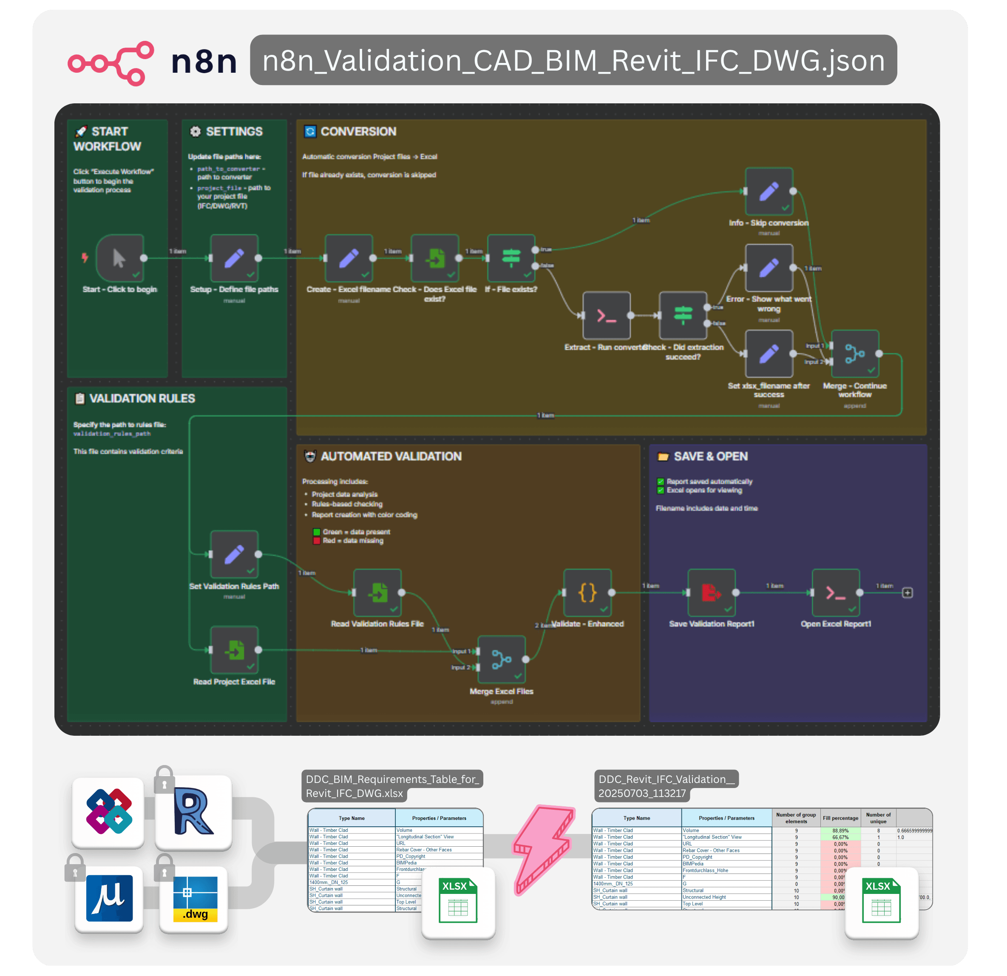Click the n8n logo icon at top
tap(111, 63)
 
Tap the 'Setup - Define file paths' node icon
tap(234, 258)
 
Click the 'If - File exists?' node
tap(511, 258)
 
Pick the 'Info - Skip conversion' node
tap(769, 191)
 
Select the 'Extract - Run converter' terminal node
tap(607, 315)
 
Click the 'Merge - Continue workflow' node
tap(855, 353)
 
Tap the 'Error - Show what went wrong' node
tap(769, 268)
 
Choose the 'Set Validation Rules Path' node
tap(234, 554)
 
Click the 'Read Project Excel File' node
tap(234, 650)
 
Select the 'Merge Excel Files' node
tap(502, 660)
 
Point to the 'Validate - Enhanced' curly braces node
tap(587, 592)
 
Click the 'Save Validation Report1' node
tap(712, 592)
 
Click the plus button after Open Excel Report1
tap(908, 592)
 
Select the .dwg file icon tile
tap(194, 899)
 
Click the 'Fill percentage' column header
tap(840, 818)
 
